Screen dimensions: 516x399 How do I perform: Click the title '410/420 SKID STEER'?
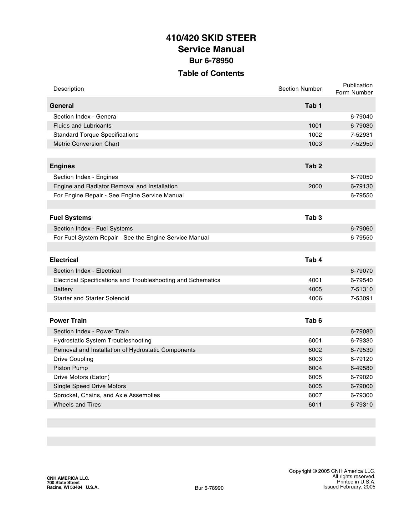(211, 38)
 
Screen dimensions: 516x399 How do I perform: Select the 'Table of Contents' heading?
(211, 73)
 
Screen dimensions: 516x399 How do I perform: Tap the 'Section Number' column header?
(300, 89)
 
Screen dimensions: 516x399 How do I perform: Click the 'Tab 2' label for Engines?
(313, 166)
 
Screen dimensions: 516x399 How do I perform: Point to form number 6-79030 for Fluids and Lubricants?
(361, 126)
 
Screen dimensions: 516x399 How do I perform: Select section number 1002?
(315, 135)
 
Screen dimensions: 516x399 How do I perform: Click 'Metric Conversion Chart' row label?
(86, 144)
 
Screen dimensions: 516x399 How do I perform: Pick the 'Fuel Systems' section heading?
(70, 218)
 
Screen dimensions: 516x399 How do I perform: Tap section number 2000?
(315, 186)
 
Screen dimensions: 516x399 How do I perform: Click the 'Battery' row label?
(63, 289)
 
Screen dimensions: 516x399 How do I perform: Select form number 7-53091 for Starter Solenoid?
(361, 298)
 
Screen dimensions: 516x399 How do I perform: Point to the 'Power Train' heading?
(68, 321)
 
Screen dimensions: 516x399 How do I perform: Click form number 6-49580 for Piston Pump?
(361, 368)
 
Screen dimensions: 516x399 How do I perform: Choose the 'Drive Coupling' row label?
(73, 359)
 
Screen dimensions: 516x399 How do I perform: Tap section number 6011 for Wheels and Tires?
(315, 405)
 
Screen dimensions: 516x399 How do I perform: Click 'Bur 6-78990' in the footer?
(209, 488)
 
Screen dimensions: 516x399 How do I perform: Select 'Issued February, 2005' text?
(349, 487)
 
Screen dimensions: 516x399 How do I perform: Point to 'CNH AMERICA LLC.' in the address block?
(68, 478)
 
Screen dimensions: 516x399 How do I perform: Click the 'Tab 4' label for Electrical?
(313, 260)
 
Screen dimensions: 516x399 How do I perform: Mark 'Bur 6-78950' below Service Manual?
(211, 61)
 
